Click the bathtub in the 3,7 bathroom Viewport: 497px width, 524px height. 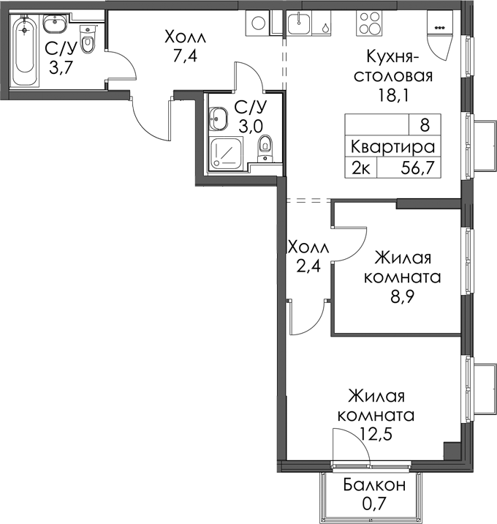coord(24,50)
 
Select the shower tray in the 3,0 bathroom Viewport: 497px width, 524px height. coord(227,153)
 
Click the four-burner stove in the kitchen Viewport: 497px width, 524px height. coord(370,23)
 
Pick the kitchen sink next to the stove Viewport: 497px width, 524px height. coord(299,23)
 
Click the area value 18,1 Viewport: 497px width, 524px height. coord(393,95)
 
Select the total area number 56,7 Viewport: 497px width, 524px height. coord(418,168)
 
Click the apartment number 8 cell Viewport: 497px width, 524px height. coord(425,125)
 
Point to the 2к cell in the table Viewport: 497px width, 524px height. coord(361,168)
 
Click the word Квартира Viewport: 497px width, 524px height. coord(393,147)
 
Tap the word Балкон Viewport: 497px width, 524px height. coord(374,485)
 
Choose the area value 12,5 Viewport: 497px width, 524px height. coord(376,434)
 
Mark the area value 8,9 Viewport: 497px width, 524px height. coord(402,296)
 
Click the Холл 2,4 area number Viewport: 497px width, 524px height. coord(308,266)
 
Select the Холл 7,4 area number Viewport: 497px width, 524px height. coord(185,56)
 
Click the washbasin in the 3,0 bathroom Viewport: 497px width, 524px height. coord(219,119)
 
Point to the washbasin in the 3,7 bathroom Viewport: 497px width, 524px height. coord(56,24)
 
